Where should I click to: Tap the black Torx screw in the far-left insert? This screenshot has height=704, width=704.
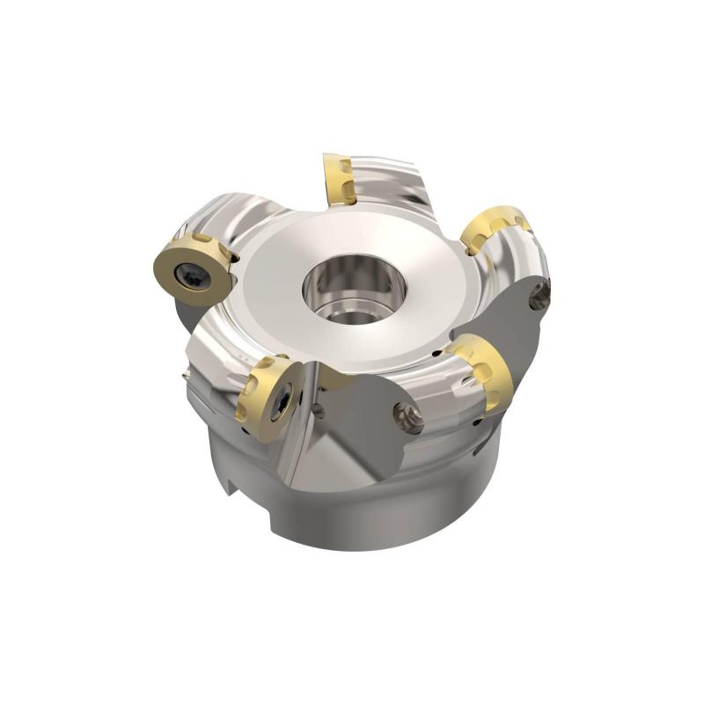click(190, 275)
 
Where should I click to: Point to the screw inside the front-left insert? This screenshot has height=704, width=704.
click(279, 406)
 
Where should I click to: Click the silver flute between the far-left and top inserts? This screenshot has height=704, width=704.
click(246, 220)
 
